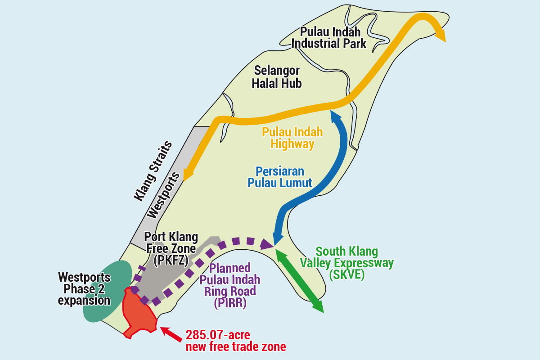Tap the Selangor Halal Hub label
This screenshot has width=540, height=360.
pyautogui.click(x=276, y=77)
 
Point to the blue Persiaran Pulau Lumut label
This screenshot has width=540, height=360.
pyautogui.click(x=279, y=177)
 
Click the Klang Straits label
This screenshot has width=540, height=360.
pyautogui.click(x=153, y=171)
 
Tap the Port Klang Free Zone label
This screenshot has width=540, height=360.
pyautogui.click(x=171, y=248)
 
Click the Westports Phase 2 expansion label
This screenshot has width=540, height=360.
pyautogui.click(x=84, y=288)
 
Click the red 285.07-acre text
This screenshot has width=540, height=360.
pyautogui.click(x=218, y=335)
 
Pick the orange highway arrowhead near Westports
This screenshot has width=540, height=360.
pyautogui.click(x=187, y=174)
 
